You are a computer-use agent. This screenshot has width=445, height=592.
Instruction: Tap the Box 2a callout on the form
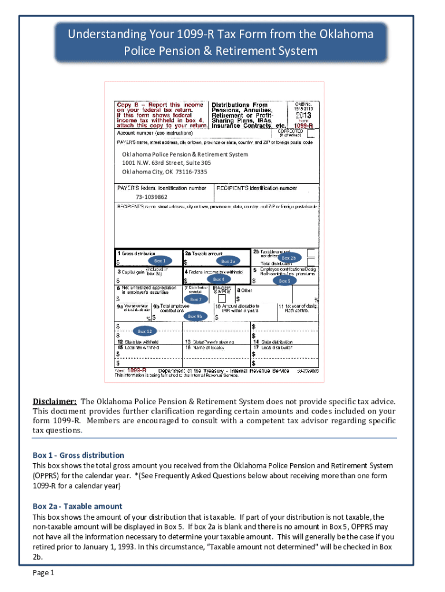[x=229, y=261]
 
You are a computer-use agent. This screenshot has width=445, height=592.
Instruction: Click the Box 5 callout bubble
[x=284, y=281]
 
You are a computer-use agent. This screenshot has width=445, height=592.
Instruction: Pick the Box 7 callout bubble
[x=196, y=299]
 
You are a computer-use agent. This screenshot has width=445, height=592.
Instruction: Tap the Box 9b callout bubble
[x=195, y=316]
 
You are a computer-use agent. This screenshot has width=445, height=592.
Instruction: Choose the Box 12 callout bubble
[x=144, y=331]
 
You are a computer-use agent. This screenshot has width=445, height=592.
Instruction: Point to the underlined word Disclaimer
[x=54, y=401]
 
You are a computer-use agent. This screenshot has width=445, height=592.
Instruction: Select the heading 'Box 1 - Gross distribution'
[x=79, y=455]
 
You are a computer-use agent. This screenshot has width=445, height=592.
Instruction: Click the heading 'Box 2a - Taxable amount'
[x=77, y=506]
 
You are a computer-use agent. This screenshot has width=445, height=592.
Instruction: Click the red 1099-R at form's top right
[x=303, y=125]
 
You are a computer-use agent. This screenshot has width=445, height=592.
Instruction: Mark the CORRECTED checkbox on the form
[x=311, y=133]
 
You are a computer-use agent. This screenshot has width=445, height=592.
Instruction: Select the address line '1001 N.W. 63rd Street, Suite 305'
[x=166, y=163]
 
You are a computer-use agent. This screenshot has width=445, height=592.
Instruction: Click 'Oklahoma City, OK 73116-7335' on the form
[x=164, y=172]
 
